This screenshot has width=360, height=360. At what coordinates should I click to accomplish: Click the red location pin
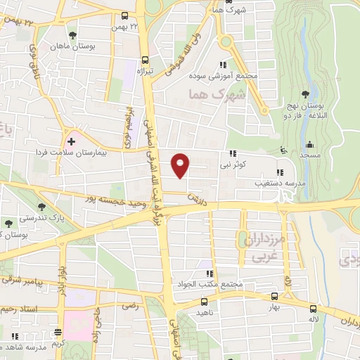pos(181,166)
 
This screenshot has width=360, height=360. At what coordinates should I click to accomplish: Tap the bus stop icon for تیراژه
pos(145,60)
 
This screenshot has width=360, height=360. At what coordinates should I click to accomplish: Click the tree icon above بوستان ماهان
pos(72,34)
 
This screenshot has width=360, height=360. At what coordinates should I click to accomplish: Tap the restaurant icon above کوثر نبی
pos(231,154)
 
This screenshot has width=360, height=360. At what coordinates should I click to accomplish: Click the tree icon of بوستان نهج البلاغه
pos(304,95)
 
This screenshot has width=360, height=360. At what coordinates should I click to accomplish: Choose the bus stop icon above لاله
pos(313,308)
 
